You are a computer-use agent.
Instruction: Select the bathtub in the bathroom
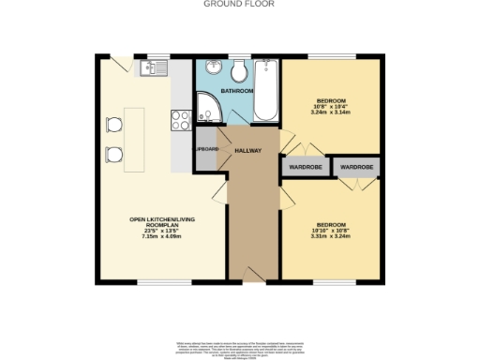[265, 91]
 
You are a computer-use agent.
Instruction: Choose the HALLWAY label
[247, 150]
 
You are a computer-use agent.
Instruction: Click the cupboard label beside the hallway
[206, 150]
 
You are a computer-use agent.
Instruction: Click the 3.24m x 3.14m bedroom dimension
[331, 111]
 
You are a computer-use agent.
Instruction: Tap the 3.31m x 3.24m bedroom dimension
[331, 236]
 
